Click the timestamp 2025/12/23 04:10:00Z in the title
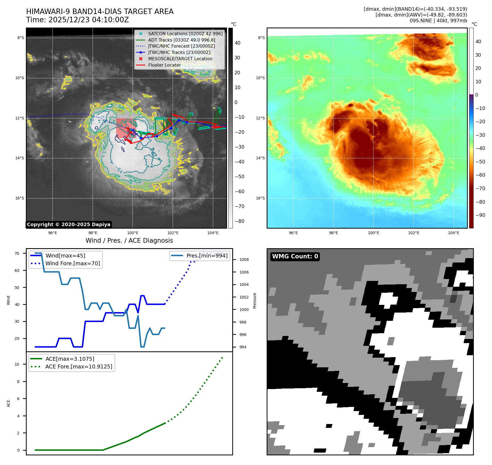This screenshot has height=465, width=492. pos(88,20)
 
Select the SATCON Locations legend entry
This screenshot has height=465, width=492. pos(185,34)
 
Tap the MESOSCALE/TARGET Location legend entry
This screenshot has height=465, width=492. pos(180,59)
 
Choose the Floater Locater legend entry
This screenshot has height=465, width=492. pos(164,65)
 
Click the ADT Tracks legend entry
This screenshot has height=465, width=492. pos(182,40)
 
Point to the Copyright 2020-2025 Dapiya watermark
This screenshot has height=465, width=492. pos(69,225)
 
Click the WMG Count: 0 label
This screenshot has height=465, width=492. pos(295,256)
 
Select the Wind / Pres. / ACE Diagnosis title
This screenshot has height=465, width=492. pos(129,240)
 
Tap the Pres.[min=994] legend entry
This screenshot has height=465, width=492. pos(207,256)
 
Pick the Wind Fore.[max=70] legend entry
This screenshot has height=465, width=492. pos(73,263)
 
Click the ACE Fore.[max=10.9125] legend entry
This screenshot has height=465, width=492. pos(79,366)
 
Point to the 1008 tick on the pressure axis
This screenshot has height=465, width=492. pos(244,259)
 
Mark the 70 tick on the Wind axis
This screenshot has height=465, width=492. pos(17,253)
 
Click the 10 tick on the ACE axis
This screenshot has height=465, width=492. pos(17,364)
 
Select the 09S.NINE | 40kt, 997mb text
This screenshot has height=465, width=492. pos(438,21)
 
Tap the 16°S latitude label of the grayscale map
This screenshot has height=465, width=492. pos(20,198)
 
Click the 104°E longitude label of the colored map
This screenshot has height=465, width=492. pos(453,233)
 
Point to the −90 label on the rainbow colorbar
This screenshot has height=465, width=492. pos(480,215)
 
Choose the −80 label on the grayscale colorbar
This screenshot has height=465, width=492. pos(239,221)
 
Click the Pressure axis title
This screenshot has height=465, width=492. pos(255,300)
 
